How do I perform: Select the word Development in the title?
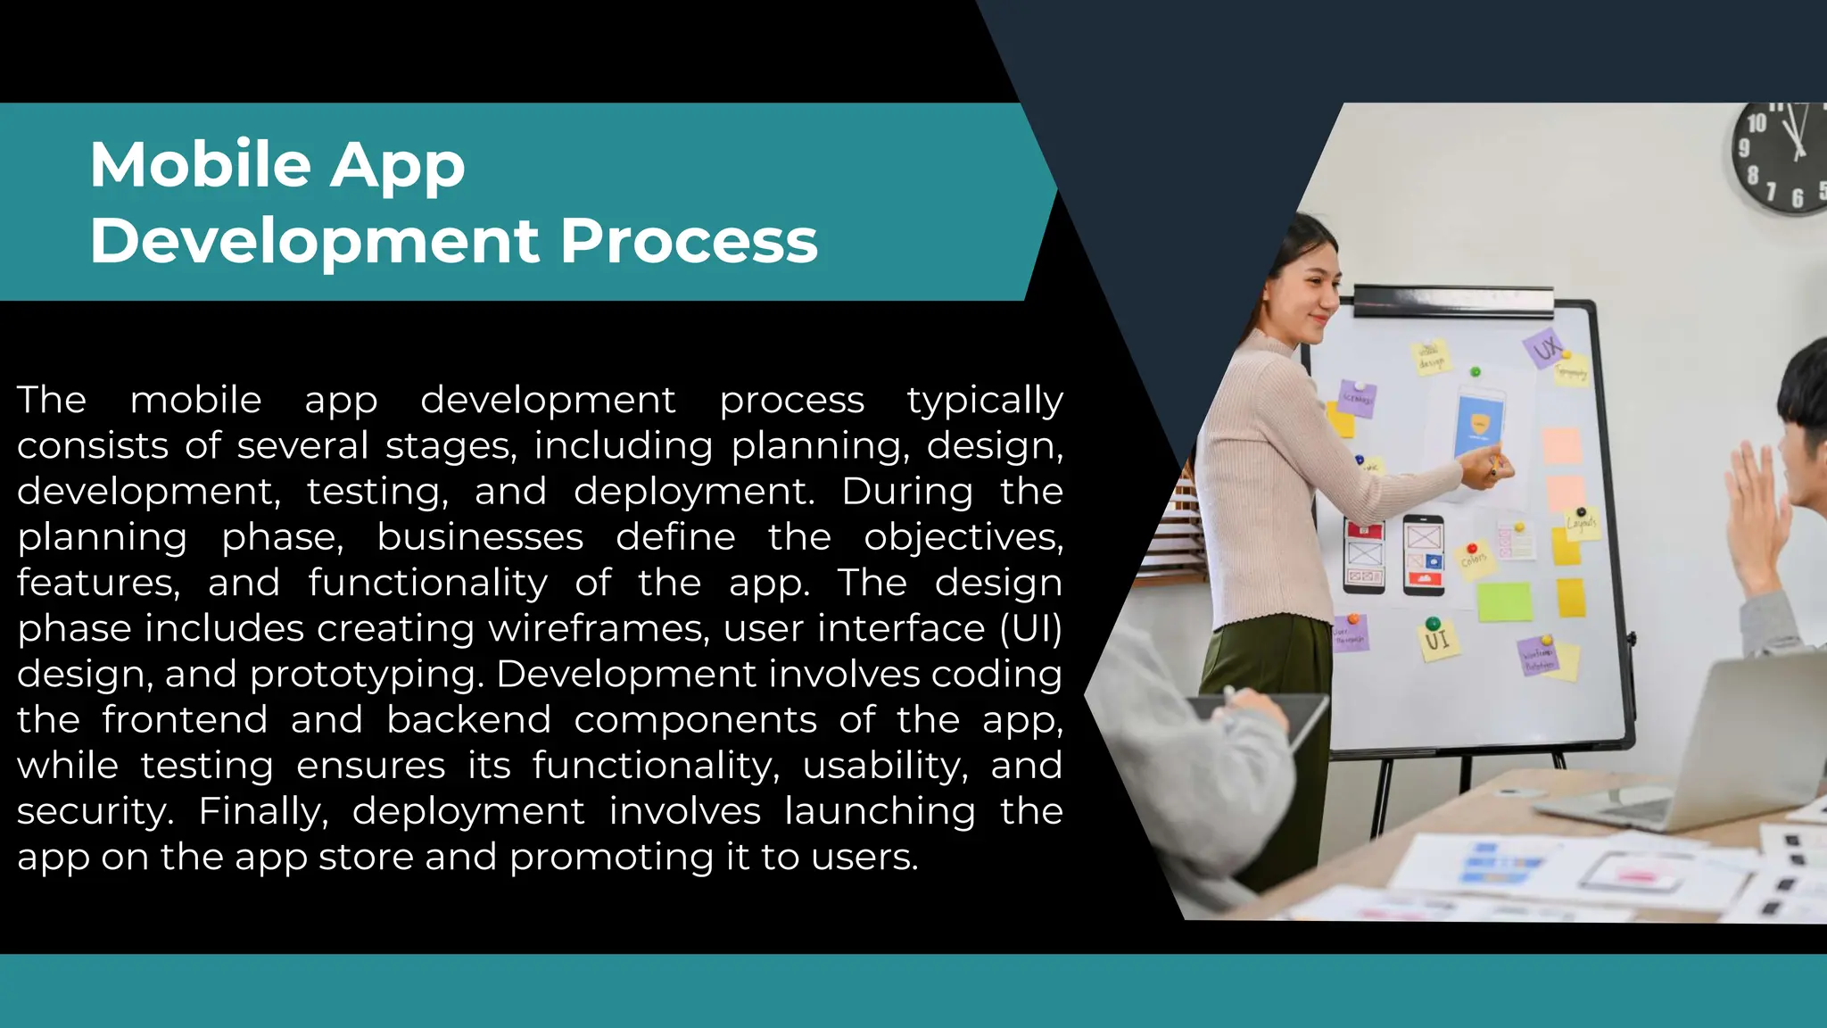click(x=315, y=241)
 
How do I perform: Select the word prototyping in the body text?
click(x=367, y=674)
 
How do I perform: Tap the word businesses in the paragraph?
click(x=480, y=537)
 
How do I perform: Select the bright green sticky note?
click(x=1504, y=601)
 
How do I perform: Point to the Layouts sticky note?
click(x=1582, y=524)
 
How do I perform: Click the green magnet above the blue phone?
click(x=1475, y=371)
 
